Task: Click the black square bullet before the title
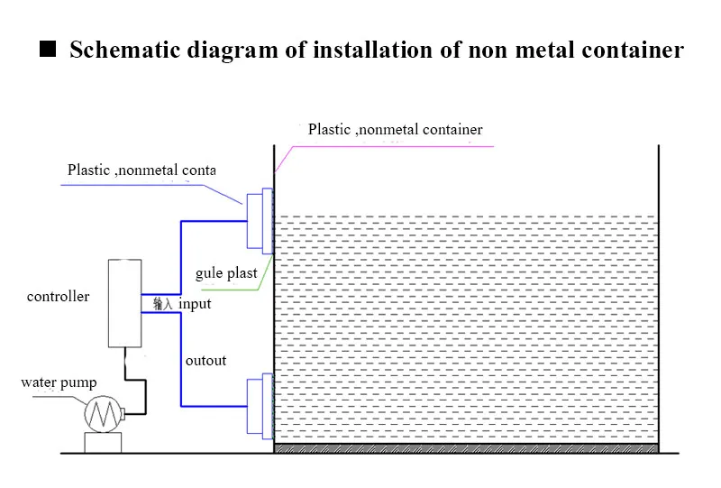coord(48,49)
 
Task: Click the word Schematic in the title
coord(124,50)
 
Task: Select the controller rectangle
coord(124,303)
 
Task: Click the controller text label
coord(58,297)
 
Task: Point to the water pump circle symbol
coord(104,414)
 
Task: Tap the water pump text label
coord(59,382)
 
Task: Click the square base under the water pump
coord(103,442)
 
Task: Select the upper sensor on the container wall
coord(260,221)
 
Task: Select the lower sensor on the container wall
coord(260,406)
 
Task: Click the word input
coord(195,304)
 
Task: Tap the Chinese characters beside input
coord(163,304)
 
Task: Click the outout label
coord(205,361)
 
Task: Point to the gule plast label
coord(226,273)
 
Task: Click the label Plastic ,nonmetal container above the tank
coord(395,129)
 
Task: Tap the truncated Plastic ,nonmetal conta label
coord(141,170)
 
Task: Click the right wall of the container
coord(659,299)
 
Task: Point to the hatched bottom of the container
coord(466,448)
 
